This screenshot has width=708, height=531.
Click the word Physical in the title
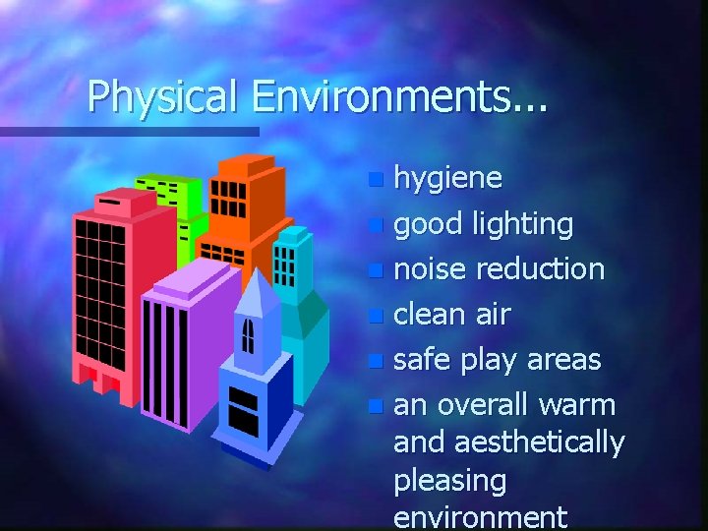[x=161, y=96]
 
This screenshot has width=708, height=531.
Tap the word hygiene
[x=447, y=178]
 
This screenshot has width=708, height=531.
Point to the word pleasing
[x=449, y=482]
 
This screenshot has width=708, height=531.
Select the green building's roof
[x=168, y=180]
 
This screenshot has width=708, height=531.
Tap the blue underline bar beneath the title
[x=128, y=131]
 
